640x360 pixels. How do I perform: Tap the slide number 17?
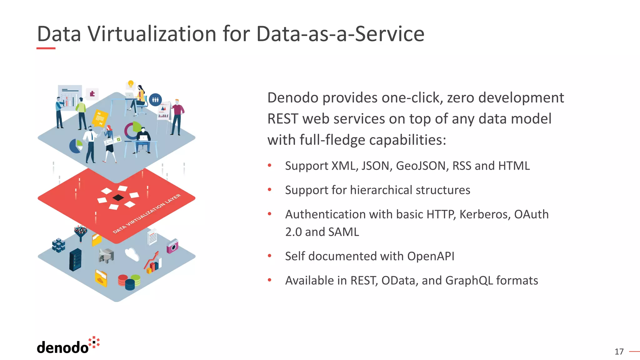[x=619, y=352]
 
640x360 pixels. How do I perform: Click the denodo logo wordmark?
[x=63, y=347]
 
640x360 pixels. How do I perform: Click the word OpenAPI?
[x=431, y=256]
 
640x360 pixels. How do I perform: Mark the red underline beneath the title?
[x=46, y=48]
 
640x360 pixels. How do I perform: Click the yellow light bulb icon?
[x=131, y=84]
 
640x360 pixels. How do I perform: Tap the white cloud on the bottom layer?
[x=132, y=254]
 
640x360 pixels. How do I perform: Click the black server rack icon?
[x=75, y=260]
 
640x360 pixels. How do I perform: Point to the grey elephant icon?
[x=106, y=256]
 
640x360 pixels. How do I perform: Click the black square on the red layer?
[x=118, y=197]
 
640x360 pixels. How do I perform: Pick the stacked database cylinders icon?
[x=129, y=282]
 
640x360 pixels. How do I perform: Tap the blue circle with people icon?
[x=155, y=100]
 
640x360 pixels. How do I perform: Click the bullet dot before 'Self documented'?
[x=269, y=256]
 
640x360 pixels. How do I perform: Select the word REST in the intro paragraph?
[x=283, y=119]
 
